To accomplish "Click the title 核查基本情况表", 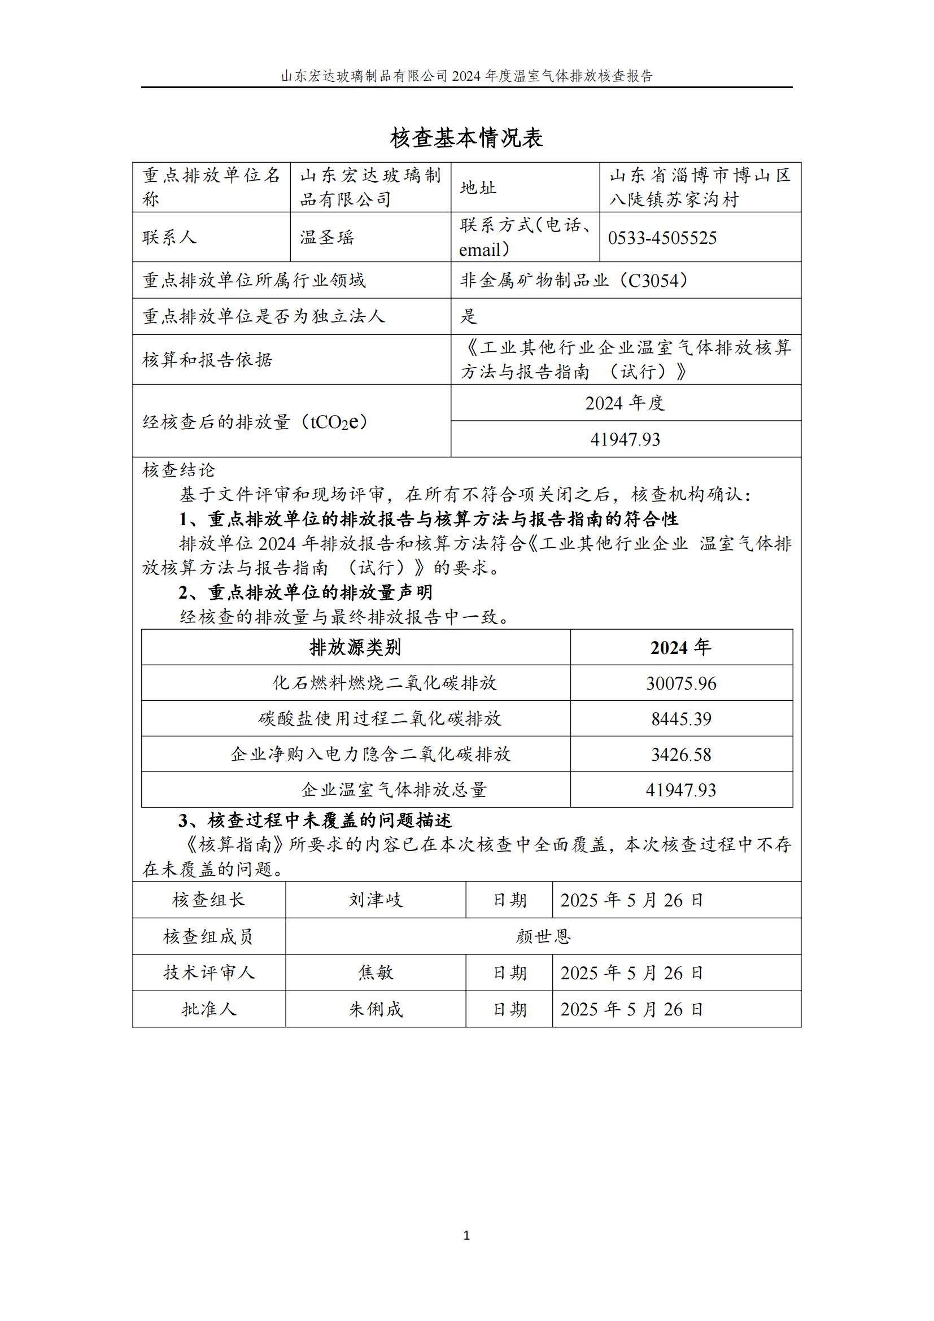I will pos(466,138).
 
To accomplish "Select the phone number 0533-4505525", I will pos(662,238).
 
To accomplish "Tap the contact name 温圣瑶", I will pos(326,238).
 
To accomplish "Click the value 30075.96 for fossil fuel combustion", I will pos(681,683).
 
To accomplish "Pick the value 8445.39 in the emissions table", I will pos(681,719).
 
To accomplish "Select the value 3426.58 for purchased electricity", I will pos(681,755).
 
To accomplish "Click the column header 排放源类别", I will pos(355,648).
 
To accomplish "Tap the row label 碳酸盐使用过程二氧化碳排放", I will pos(379,719).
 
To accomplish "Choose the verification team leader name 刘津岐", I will pos(376,900).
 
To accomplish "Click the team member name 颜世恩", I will pos(543,936).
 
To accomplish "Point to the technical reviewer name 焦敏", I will pos(376,973).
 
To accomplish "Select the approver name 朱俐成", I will pos(376,1009).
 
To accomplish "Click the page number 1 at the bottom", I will pos(466,1235).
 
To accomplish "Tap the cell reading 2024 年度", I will pos(625,403).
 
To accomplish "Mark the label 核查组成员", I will pos(208,936).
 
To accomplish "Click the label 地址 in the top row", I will pos(478,188).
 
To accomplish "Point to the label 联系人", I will pos(169,238).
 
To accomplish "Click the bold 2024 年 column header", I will pos(681,648).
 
